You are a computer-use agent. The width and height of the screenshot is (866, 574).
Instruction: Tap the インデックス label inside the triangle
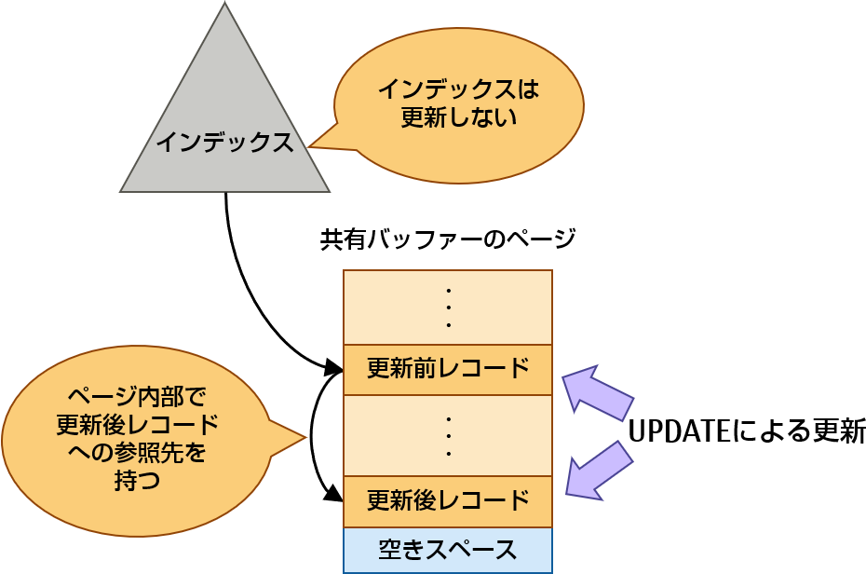[x=224, y=142]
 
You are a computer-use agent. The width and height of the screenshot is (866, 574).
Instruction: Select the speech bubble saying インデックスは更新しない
[x=458, y=104]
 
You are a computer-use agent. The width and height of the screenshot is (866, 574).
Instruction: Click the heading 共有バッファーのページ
[x=448, y=239]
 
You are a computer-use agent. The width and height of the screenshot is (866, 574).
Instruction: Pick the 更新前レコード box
[x=448, y=370]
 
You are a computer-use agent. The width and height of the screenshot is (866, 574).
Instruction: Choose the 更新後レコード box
[x=448, y=501]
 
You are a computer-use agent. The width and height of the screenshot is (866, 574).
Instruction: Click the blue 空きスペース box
[x=448, y=550]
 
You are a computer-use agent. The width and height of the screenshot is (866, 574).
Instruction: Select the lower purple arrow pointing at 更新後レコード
[x=598, y=469]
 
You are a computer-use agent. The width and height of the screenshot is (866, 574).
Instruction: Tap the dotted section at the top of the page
[x=448, y=307]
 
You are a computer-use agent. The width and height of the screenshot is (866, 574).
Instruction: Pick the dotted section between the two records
[x=448, y=435]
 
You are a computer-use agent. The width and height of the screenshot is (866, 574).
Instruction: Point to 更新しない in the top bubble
[x=458, y=119]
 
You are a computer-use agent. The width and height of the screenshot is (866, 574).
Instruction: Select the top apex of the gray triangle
[x=224, y=7]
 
